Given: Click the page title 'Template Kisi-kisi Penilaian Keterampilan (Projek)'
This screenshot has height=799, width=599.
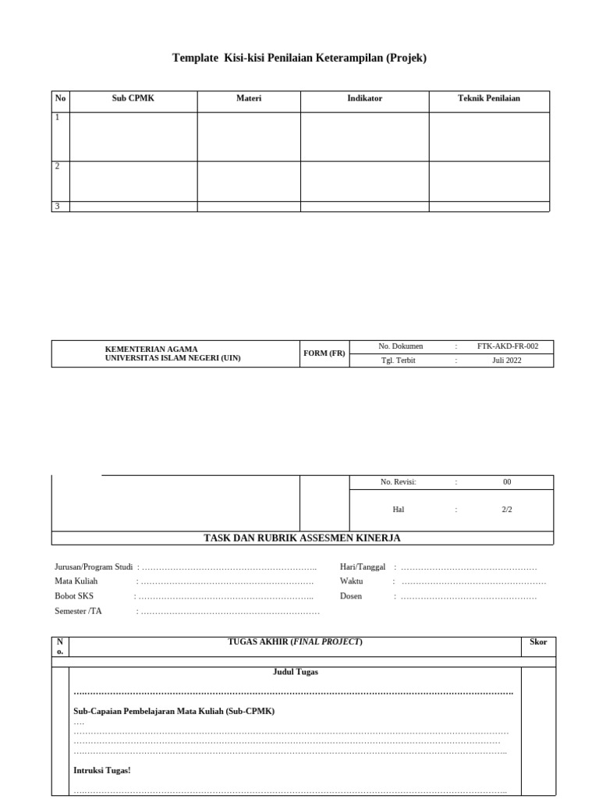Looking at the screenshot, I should [299, 58].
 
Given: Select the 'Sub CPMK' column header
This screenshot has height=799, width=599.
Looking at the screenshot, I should [133, 98].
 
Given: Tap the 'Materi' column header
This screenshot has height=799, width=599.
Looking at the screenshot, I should [249, 98].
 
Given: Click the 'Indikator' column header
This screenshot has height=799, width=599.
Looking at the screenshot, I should [364, 98].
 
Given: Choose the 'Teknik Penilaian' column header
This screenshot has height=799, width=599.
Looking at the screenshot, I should [489, 98].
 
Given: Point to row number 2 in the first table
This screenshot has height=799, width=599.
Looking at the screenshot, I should [57, 166].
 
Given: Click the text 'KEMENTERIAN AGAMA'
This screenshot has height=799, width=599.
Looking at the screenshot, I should [151, 349].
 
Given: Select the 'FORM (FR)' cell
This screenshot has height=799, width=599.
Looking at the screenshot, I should [324, 353].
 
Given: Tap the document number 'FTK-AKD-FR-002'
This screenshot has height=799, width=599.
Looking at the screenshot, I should [508, 346].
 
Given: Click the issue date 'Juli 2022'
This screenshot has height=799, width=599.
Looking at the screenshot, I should [507, 360].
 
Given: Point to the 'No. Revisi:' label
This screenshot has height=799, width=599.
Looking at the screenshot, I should [399, 482].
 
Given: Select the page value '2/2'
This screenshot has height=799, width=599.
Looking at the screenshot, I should [507, 510].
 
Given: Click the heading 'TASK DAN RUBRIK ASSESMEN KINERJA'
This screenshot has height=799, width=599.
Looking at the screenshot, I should [302, 538].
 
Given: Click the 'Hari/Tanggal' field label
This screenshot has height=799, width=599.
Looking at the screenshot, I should [363, 567].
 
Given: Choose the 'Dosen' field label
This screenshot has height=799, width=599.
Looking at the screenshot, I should [351, 596].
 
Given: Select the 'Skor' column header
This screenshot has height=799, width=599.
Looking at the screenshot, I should [538, 642].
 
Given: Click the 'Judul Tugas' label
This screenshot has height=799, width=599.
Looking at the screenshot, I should [295, 672].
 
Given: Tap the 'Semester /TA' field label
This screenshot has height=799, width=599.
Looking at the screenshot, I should [78, 611].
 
